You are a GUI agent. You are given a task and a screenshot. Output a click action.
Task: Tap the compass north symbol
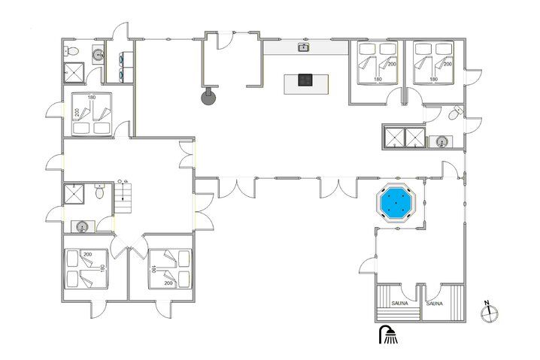click(489, 313)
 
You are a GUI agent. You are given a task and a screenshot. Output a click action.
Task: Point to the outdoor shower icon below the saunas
click(389, 335)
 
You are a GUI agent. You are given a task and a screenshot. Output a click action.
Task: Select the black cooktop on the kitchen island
click(305, 80)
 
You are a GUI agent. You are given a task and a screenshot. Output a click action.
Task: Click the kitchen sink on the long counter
click(304, 47)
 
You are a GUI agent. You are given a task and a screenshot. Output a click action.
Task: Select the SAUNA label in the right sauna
click(435, 304)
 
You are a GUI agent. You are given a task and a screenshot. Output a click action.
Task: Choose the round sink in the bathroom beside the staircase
click(81, 225)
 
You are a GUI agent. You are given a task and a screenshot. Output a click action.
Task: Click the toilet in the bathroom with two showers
click(454, 115)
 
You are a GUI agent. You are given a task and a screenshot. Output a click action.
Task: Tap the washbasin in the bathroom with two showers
click(442, 141)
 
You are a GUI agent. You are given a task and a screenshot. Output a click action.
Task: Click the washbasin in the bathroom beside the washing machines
click(98, 53)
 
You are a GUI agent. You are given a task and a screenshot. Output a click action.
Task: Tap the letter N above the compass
click(487, 304)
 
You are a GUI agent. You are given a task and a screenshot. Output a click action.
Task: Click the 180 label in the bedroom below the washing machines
click(92, 97)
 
